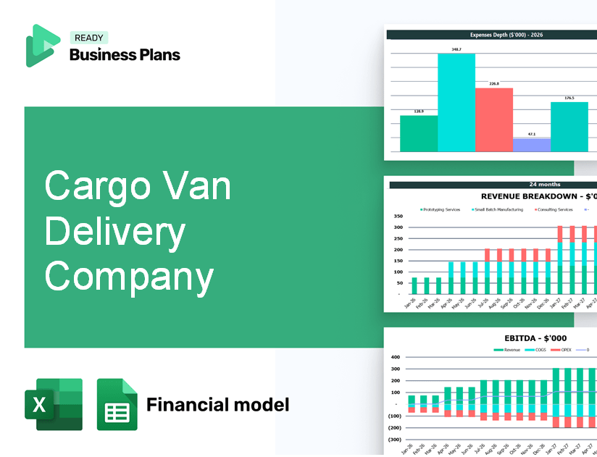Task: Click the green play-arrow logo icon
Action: [x=42, y=46]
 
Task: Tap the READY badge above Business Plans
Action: [x=88, y=38]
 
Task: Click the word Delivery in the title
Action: [x=115, y=233]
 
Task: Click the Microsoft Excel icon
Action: [x=54, y=404]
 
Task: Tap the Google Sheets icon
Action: [x=117, y=404]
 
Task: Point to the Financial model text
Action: [x=217, y=404]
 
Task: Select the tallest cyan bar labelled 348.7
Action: [x=456, y=102]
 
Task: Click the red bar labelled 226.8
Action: [x=494, y=120]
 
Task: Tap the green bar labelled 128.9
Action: [x=419, y=133]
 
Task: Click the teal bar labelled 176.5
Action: [x=569, y=127]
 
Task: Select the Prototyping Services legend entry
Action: [x=441, y=210]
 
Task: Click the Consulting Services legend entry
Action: [x=554, y=210]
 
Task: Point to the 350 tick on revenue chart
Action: [x=398, y=217]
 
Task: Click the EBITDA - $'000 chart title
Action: [x=535, y=337]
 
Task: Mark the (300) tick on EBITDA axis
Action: [x=395, y=440]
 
